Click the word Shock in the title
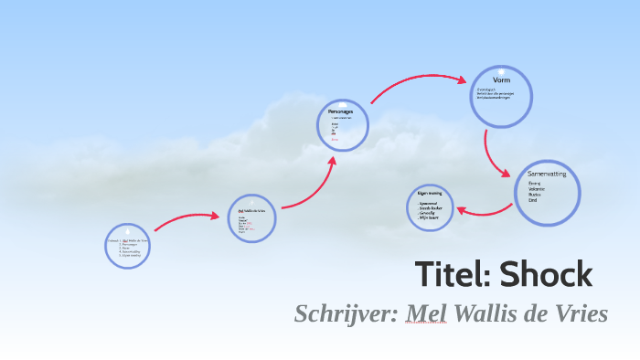click(x=548, y=274)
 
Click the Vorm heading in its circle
click(x=501, y=80)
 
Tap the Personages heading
click(x=341, y=111)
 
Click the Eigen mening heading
click(x=430, y=194)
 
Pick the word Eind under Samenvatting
click(x=533, y=200)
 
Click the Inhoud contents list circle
click(x=127, y=245)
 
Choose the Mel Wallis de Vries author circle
click(x=252, y=217)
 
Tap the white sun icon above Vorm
click(x=501, y=69)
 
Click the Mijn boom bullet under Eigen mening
click(x=429, y=218)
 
